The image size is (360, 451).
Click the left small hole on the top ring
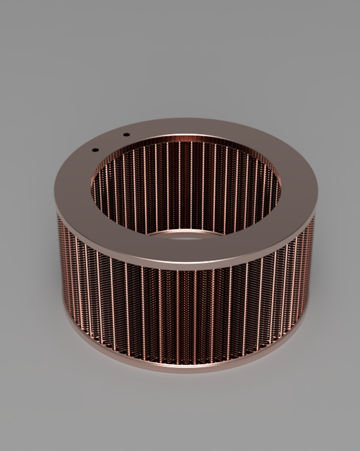94,149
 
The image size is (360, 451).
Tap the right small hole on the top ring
126,135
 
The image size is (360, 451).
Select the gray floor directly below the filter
185,409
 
